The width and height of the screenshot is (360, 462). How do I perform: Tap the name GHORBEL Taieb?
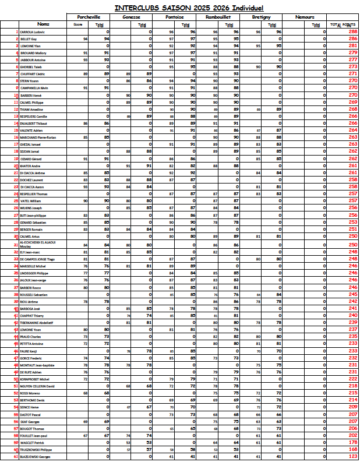point(30,66)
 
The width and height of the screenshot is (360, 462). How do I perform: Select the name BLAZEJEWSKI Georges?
point(35,457)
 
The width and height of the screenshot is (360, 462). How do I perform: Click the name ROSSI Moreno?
point(30,393)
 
